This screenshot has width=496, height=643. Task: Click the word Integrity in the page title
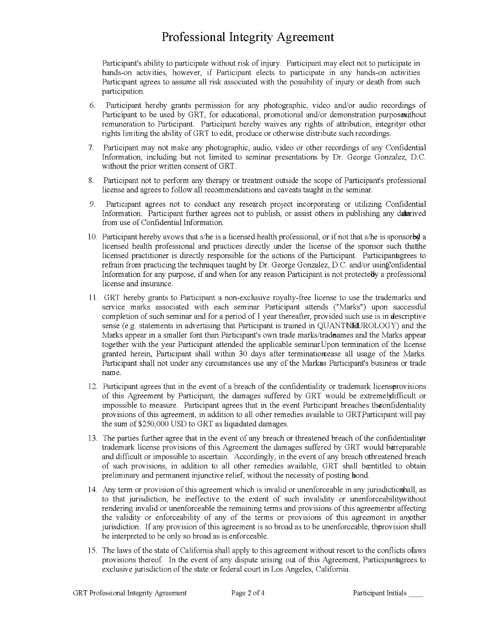pos(250,37)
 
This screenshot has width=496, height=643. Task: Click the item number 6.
pos(92,105)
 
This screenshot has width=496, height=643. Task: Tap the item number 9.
pos(92,204)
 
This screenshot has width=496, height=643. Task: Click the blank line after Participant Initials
pos(416,594)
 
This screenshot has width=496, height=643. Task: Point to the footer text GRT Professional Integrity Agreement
pos(130,593)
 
